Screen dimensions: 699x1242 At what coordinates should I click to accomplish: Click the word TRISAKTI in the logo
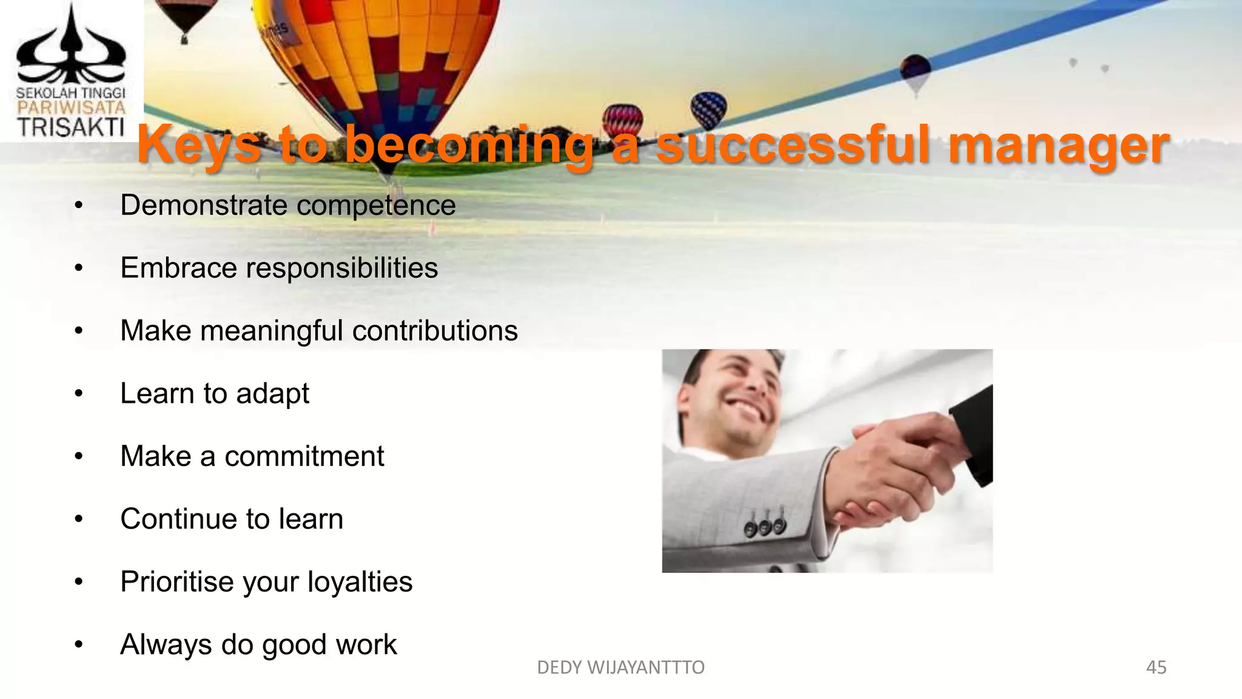coord(70,127)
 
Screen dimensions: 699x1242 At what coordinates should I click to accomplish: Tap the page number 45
coord(1156,667)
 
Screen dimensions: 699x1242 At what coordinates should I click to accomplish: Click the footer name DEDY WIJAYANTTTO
coord(620,667)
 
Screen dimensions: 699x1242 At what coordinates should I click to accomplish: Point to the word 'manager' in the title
coord(1058,146)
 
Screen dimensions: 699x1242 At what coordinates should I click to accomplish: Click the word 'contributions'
coord(435,331)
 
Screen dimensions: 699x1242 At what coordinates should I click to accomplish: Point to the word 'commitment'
coord(304,456)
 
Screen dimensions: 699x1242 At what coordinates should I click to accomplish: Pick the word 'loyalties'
coord(360,582)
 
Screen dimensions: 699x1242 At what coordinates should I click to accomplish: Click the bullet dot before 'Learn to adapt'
coord(78,394)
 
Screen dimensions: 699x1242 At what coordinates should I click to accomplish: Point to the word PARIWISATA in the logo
coord(71,108)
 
